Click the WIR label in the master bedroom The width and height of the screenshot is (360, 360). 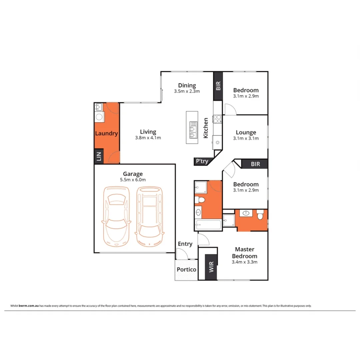point(211,267)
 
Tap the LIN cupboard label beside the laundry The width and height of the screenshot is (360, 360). point(99,156)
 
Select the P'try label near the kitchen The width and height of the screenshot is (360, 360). point(202,162)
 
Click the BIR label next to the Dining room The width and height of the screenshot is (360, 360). point(218,86)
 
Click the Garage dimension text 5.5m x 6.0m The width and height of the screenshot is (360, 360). point(133,180)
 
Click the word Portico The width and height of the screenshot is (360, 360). point(186,269)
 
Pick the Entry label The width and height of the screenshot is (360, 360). point(185,244)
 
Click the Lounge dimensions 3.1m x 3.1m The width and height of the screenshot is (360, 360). point(246,138)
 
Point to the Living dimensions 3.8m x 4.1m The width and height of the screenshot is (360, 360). point(148,138)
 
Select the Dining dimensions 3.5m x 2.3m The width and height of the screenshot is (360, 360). point(187,91)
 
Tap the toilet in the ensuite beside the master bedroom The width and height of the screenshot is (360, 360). point(260,215)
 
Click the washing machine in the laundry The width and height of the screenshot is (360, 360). point(99,117)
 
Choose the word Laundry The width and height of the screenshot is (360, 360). point(107,134)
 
